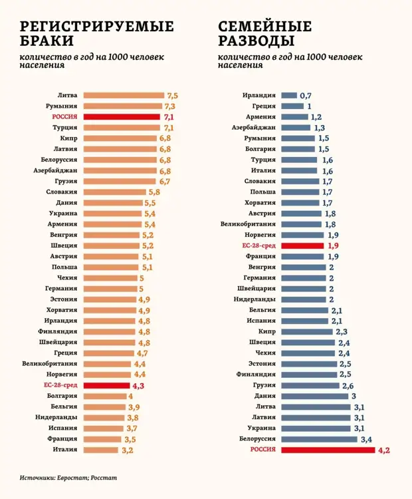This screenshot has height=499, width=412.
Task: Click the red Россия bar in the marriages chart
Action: click(122, 116)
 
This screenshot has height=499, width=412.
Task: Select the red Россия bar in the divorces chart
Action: click(328, 450)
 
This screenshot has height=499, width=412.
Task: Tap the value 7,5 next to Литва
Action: click(172, 96)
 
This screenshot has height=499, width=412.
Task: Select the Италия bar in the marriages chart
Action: click(102, 450)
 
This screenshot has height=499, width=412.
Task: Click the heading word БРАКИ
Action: click(49, 42)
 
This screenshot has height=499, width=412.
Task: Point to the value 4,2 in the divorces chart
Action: click(384, 450)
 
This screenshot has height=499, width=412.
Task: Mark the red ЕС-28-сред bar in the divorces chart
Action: click(303, 246)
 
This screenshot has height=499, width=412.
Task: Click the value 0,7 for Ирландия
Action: click(306, 96)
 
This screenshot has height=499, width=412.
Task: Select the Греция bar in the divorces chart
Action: click(292, 106)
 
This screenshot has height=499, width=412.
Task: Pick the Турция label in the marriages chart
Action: click(65, 128)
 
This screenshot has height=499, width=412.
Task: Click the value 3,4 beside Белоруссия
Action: click(366, 440)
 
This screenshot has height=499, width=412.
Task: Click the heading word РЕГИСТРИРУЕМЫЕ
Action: click(98, 27)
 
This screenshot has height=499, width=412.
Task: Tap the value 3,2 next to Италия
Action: click(128, 450)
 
